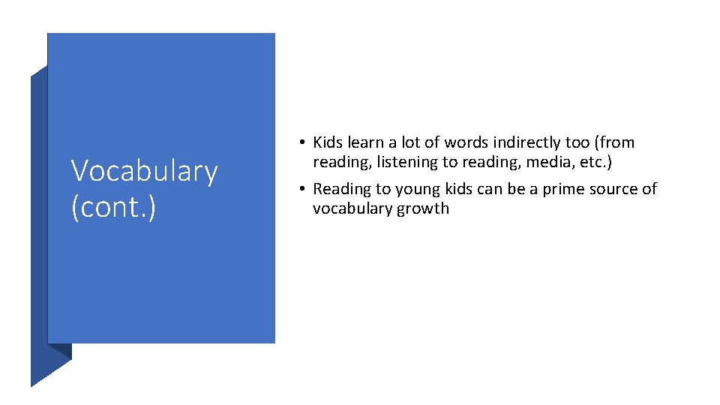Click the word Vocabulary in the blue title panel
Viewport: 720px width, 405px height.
[144, 172]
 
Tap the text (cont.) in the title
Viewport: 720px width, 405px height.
[113, 206]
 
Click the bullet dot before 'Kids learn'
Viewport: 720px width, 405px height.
[299, 142]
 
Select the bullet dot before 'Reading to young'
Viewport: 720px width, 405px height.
[299, 189]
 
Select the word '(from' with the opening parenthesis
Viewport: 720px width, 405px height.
[616, 142]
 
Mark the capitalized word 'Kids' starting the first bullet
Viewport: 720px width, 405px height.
[328, 142]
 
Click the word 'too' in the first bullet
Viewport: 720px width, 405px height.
[579, 142]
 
